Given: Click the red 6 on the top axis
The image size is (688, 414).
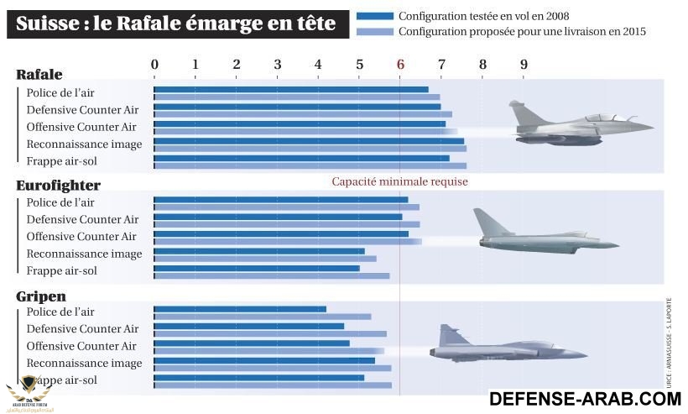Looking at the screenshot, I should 400,65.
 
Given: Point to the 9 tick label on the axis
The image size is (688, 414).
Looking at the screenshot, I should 524,65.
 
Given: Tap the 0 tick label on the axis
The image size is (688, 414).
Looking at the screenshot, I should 154,65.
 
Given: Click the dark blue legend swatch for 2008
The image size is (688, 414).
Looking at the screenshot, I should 374,16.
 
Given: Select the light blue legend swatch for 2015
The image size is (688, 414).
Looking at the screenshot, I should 374,31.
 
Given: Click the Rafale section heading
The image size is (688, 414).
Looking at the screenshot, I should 39,75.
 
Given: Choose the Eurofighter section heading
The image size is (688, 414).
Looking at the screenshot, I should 58,185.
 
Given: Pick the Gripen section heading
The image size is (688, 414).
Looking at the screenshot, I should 41,296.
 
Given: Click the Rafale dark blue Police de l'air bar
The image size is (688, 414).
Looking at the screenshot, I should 290,89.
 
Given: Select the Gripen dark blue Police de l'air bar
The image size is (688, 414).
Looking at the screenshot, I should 240,309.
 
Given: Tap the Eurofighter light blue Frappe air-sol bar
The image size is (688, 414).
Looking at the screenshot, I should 271,275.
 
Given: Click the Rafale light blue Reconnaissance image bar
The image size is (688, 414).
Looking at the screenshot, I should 310,149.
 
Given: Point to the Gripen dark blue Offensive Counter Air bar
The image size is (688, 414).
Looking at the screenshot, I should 252,343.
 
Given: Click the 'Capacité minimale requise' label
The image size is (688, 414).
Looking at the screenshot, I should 399,181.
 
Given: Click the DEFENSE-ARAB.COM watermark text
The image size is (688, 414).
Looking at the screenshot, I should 584,398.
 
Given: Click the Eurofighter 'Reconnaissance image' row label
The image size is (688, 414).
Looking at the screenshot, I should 84,254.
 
